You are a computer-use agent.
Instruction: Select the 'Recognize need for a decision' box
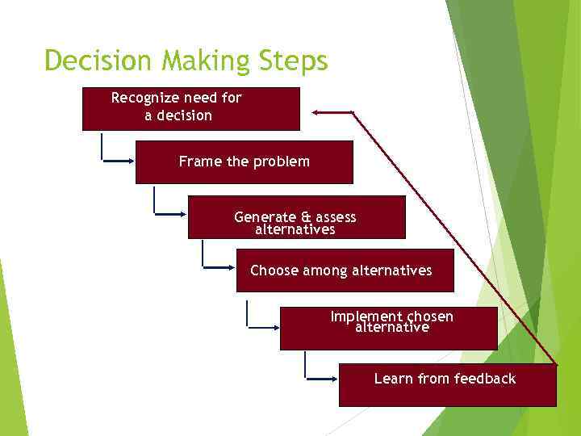(x=190, y=109)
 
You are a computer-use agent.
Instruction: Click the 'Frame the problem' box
(x=244, y=162)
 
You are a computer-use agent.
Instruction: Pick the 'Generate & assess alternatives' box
(x=296, y=217)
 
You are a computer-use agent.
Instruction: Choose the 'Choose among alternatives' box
(x=345, y=270)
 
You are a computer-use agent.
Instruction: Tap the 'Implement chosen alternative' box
(x=388, y=329)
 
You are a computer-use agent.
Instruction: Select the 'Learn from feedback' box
(x=447, y=385)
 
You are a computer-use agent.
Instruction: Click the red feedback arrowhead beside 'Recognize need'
(x=318, y=111)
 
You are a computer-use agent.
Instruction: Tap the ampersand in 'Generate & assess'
(x=306, y=217)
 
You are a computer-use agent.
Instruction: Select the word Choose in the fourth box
(x=274, y=270)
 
